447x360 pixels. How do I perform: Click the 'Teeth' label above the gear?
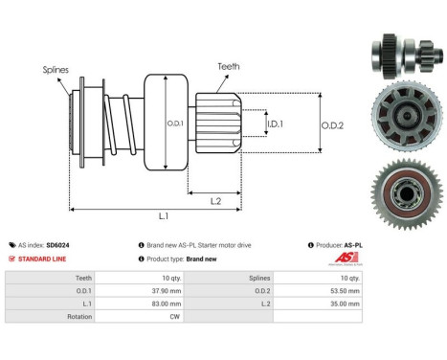pyautogui.click(x=229, y=66)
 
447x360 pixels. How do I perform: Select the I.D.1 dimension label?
pyautogui.click(x=274, y=124)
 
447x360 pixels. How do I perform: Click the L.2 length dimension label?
pyautogui.click(x=217, y=200)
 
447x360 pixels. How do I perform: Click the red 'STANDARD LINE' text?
pyautogui.click(x=46, y=259)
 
